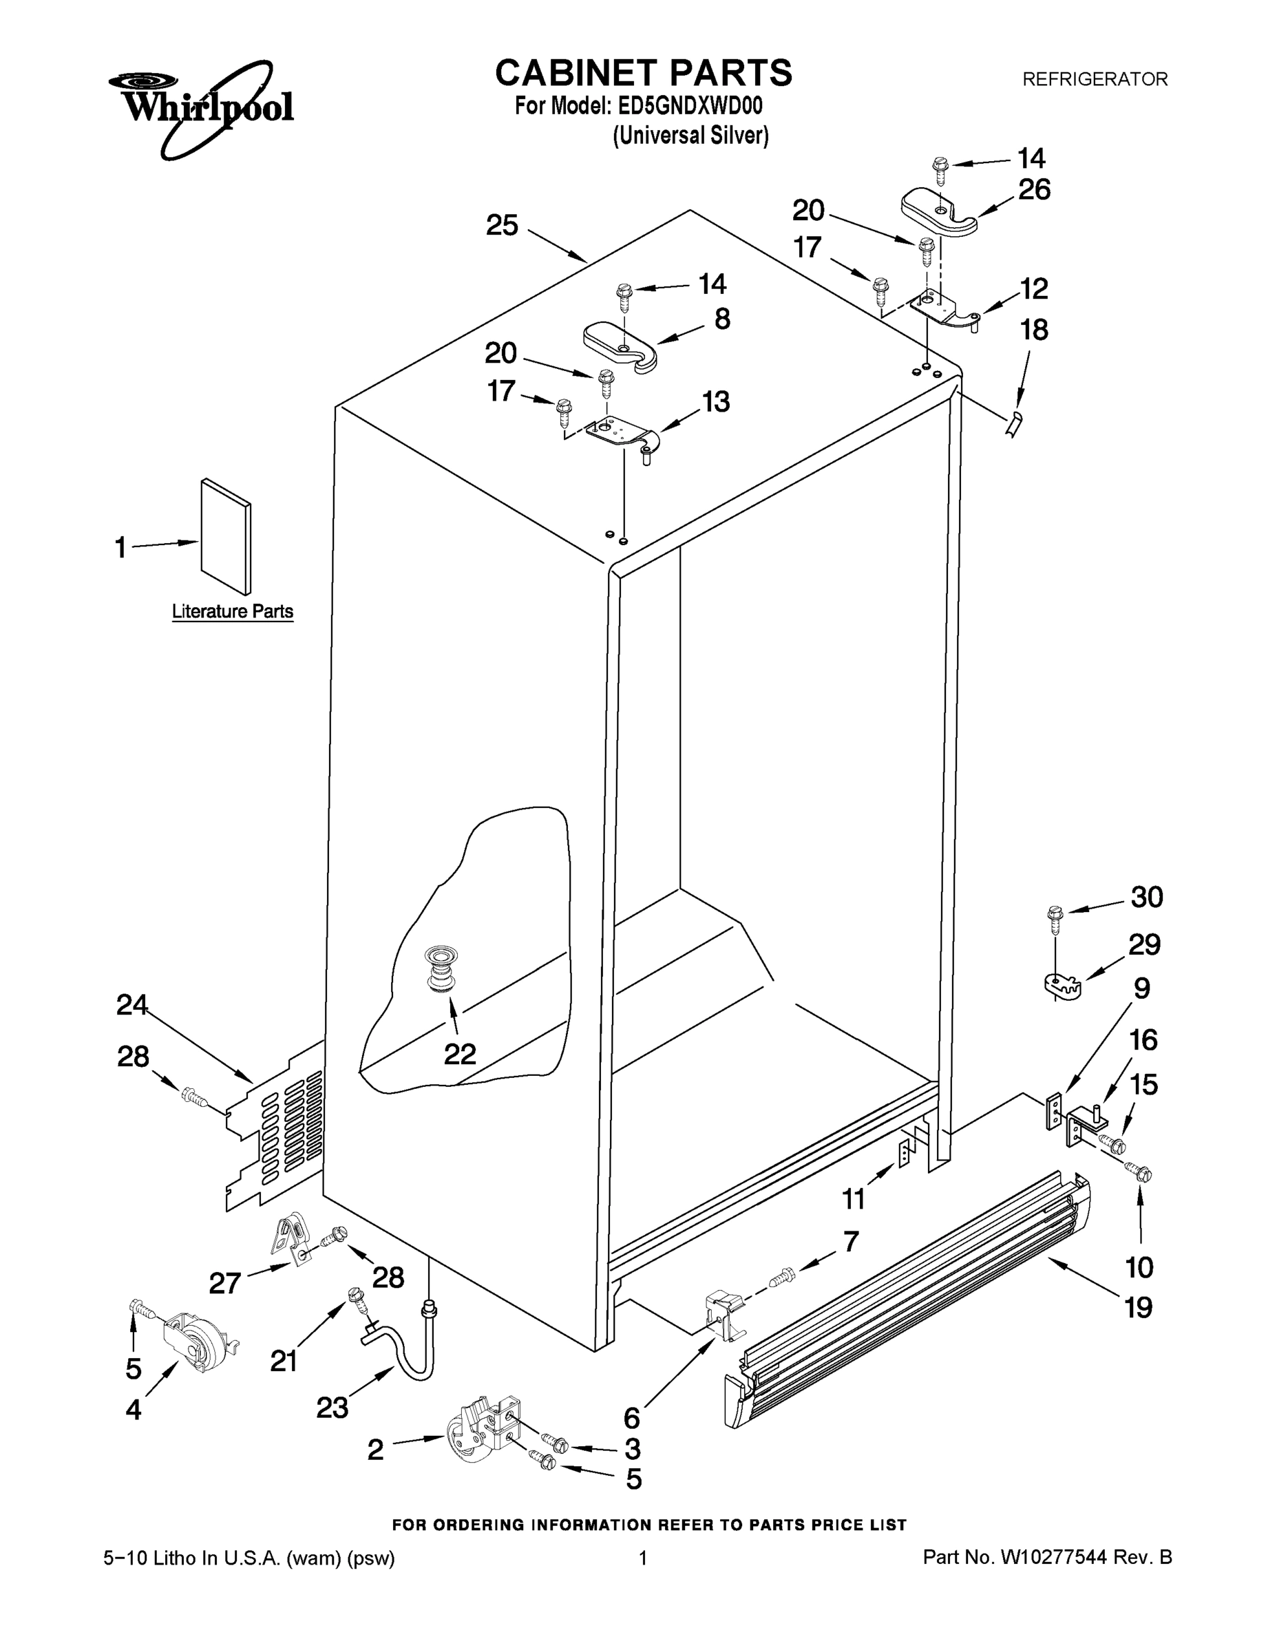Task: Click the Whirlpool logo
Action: (x=200, y=106)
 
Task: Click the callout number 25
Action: (x=502, y=225)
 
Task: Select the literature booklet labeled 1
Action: (x=225, y=536)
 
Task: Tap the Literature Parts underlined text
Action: (x=232, y=611)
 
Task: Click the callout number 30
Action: (x=1146, y=897)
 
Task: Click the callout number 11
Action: (x=854, y=1199)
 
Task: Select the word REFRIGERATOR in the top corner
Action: (x=1095, y=78)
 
